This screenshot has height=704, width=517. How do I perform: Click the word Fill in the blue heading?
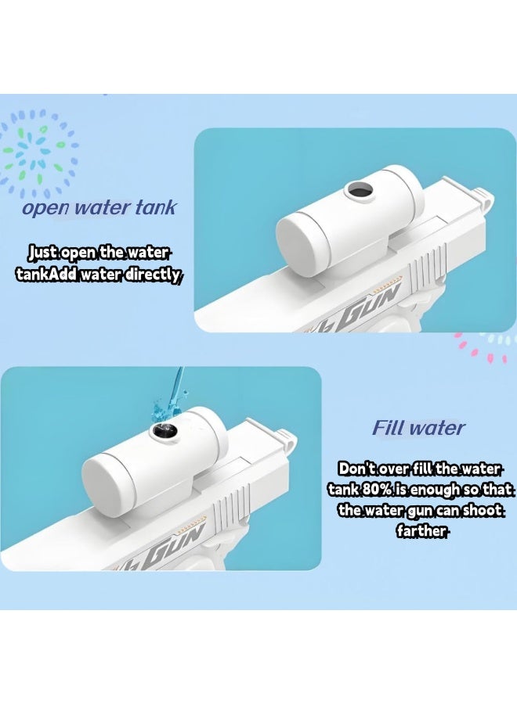point(388,428)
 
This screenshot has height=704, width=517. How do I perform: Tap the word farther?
point(422,531)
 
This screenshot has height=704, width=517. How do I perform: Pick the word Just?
point(42,253)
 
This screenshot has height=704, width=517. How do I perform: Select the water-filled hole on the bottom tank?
point(163,429)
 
